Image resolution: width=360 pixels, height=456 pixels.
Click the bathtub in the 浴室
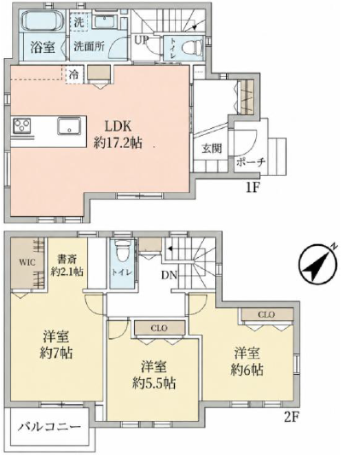pos(43,20)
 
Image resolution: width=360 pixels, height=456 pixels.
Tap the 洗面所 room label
pos(89,46)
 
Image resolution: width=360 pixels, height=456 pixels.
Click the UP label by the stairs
pos(142,40)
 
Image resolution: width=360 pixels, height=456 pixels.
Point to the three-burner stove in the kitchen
pos(22,126)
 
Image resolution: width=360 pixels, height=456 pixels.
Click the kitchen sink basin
pos(69,126)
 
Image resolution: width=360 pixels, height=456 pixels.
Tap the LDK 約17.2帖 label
pos(118,135)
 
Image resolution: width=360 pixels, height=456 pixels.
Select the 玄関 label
pos(212,149)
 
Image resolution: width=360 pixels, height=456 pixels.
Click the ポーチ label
pos(251,161)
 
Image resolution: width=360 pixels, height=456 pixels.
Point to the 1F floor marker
pos(253,188)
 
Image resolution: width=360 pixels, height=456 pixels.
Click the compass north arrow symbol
pos(318,264)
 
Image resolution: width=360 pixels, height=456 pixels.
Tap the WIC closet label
pos(27,262)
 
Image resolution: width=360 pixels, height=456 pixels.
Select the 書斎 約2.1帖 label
pos(67,266)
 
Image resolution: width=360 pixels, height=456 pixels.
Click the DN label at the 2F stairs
pos(169,275)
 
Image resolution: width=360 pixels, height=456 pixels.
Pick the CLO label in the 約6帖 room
pos(266,314)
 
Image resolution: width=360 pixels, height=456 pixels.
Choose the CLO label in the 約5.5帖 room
pos(160,328)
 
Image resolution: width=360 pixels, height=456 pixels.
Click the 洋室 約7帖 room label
pos(56,345)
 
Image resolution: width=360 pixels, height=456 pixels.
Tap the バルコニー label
pos(49,427)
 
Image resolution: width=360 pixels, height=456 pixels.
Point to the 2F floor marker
pos(292,418)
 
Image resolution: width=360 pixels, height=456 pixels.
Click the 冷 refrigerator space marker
pos(74,75)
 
